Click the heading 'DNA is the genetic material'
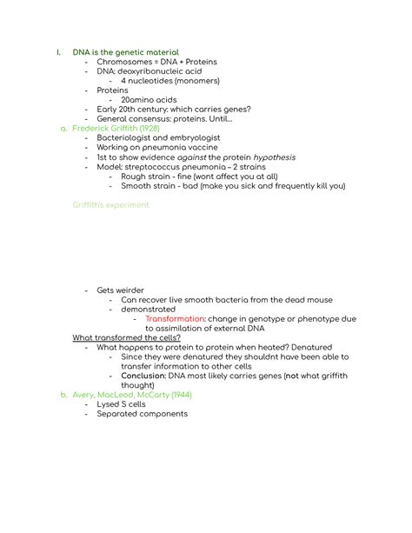coord(125,52)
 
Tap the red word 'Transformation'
coord(174,319)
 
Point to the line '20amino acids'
coord(150,100)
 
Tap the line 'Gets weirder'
coord(121,290)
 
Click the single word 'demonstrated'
coord(148,309)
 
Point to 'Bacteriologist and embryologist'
coord(159,138)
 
